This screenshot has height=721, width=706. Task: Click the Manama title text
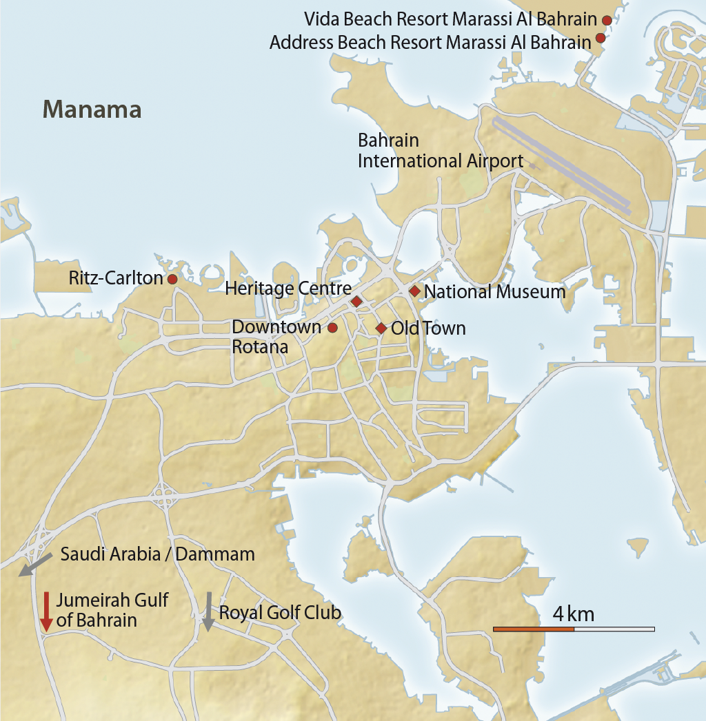pyautogui.click(x=92, y=109)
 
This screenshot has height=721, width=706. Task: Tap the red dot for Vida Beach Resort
pyautogui.click(x=607, y=20)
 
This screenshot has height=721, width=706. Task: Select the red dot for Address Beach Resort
pyautogui.click(x=601, y=38)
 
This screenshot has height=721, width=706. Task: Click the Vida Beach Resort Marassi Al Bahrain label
pyautogui.click(x=450, y=19)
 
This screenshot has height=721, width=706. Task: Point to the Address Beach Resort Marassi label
pyautogui.click(x=430, y=42)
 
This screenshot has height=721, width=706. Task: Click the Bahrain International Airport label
pyautogui.click(x=440, y=151)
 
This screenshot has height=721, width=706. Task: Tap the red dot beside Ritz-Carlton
pyautogui.click(x=172, y=279)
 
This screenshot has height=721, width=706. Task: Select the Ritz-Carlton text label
pyautogui.click(x=116, y=279)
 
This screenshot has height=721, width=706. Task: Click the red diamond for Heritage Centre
pyautogui.click(x=356, y=302)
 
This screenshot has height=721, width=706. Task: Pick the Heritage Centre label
pyautogui.click(x=288, y=289)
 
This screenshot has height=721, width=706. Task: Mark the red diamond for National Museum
pyautogui.click(x=414, y=291)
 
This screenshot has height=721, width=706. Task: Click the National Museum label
pyautogui.click(x=494, y=292)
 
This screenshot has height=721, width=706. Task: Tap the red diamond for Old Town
pyautogui.click(x=381, y=328)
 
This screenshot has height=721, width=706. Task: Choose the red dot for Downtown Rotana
pyautogui.click(x=332, y=327)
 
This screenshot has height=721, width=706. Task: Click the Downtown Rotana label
pyautogui.click(x=276, y=337)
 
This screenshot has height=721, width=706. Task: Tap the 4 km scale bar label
pyautogui.click(x=573, y=613)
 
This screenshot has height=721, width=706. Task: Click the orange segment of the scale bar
pyautogui.click(x=534, y=629)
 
